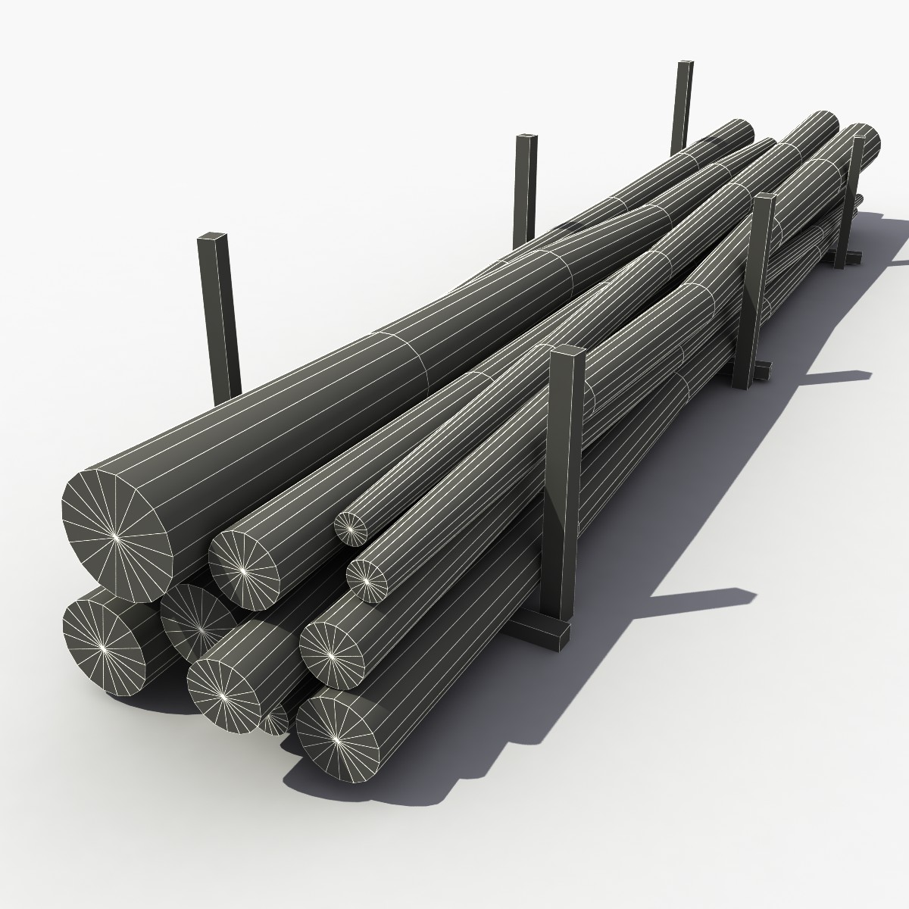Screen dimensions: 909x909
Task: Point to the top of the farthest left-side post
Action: [684, 64]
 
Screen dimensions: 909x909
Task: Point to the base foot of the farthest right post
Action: [850, 259]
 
